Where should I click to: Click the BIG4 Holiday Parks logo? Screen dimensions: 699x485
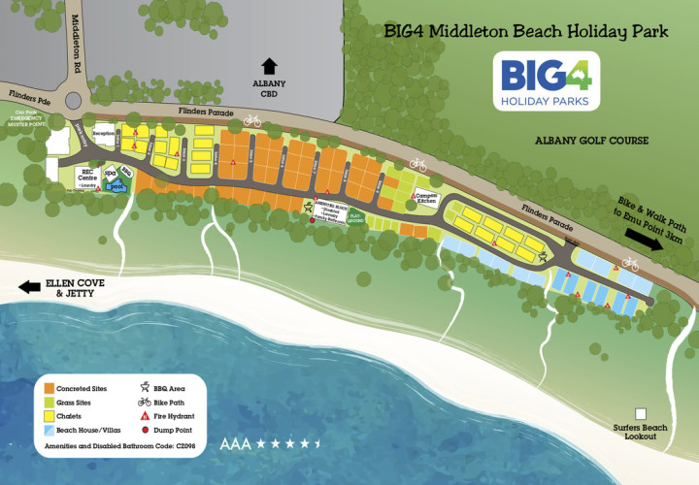(546, 81)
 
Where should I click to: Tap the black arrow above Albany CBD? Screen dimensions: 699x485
(269, 66)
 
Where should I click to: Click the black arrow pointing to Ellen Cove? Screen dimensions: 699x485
(29, 287)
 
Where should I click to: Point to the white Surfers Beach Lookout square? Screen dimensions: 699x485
(641, 412)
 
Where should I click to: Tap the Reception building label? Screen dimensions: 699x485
(104, 134)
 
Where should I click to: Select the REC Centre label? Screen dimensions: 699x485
(88, 178)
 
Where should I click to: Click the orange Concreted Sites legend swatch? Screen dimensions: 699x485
(47, 388)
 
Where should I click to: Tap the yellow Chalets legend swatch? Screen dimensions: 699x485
(47, 415)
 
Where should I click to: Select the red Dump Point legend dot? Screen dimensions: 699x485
(145, 429)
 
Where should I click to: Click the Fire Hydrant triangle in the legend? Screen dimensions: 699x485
(145, 415)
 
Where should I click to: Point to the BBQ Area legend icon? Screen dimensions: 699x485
(145, 387)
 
